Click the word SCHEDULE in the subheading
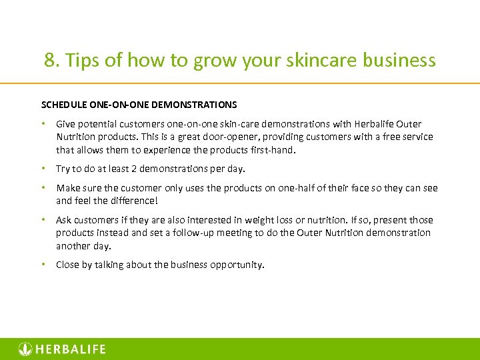(64, 105)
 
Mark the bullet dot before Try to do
(43, 169)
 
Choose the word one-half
(271, 188)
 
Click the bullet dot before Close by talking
(43, 265)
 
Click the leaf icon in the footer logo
(25, 349)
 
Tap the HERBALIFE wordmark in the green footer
(70, 349)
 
